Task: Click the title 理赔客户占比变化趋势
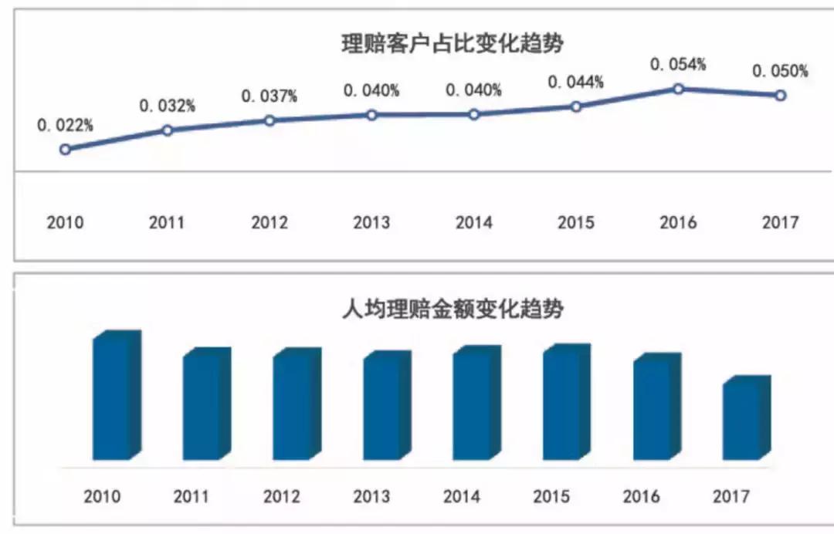[453, 43]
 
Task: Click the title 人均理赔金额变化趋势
[453, 310]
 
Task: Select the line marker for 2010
[65, 149]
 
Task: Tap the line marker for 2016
[678, 89]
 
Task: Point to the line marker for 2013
[371, 115]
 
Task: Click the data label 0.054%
[678, 65]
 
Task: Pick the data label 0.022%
[65, 125]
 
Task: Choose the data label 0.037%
[270, 96]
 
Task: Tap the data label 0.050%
[781, 72]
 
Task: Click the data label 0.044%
[575, 82]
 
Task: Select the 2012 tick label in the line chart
[270, 223]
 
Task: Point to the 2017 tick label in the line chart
[780, 223]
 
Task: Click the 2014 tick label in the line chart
[473, 223]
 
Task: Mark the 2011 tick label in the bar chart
[192, 496]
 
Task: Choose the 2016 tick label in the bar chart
[642, 496]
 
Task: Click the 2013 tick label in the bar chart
[371, 496]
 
